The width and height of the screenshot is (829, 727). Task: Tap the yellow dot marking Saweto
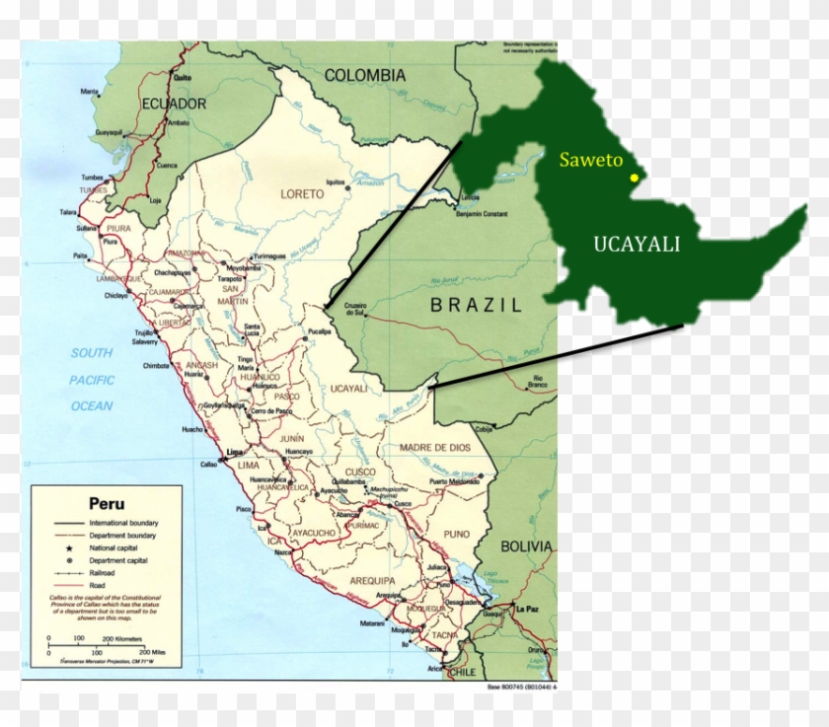(634, 178)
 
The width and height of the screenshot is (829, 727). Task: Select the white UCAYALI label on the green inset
(637, 245)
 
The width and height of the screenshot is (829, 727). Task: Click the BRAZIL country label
(475, 305)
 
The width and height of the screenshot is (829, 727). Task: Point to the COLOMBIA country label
(365, 75)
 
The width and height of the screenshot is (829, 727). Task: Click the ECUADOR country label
(174, 104)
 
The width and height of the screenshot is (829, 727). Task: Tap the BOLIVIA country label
(526, 545)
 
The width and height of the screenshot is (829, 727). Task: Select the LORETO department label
(302, 194)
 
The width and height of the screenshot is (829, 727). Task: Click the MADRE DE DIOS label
(434, 448)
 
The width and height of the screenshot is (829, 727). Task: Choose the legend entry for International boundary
(123, 522)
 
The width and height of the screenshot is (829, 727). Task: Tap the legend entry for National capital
(113, 547)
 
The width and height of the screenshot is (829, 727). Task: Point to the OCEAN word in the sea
(91, 405)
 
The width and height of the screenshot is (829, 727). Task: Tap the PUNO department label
(429, 534)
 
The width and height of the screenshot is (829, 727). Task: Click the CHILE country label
(461, 671)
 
